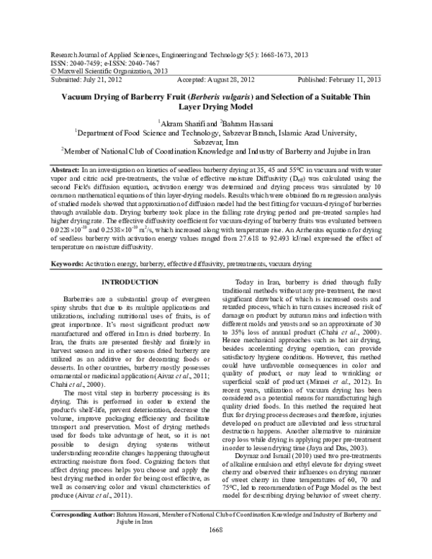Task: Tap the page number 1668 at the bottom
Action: [x=216, y=550]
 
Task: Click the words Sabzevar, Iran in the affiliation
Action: [x=215, y=143]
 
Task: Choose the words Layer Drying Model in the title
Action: [x=215, y=107]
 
